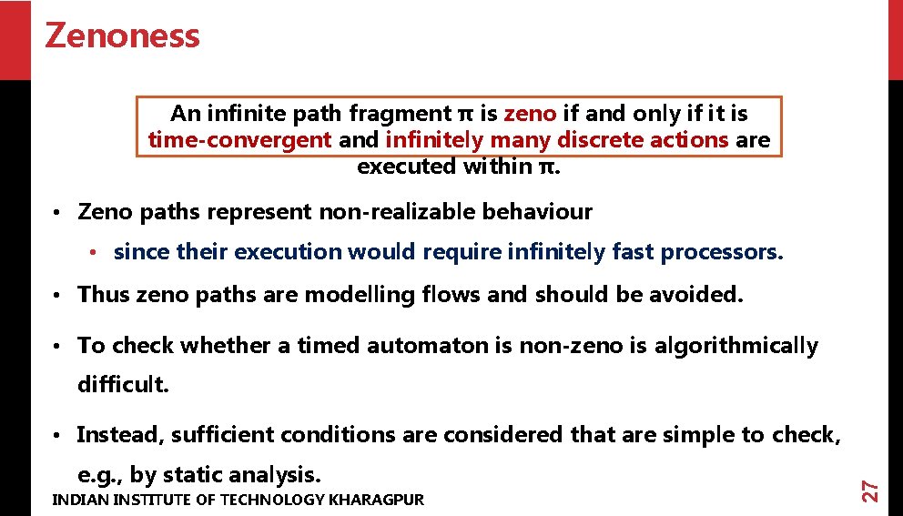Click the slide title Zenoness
(x=122, y=36)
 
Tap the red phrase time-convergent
(x=239, y=140)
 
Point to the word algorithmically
(x=736, y=346)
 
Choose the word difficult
(x=123, y=385)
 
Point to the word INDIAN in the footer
(x=76, y=500)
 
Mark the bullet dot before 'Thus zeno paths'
(x=56, y=295)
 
